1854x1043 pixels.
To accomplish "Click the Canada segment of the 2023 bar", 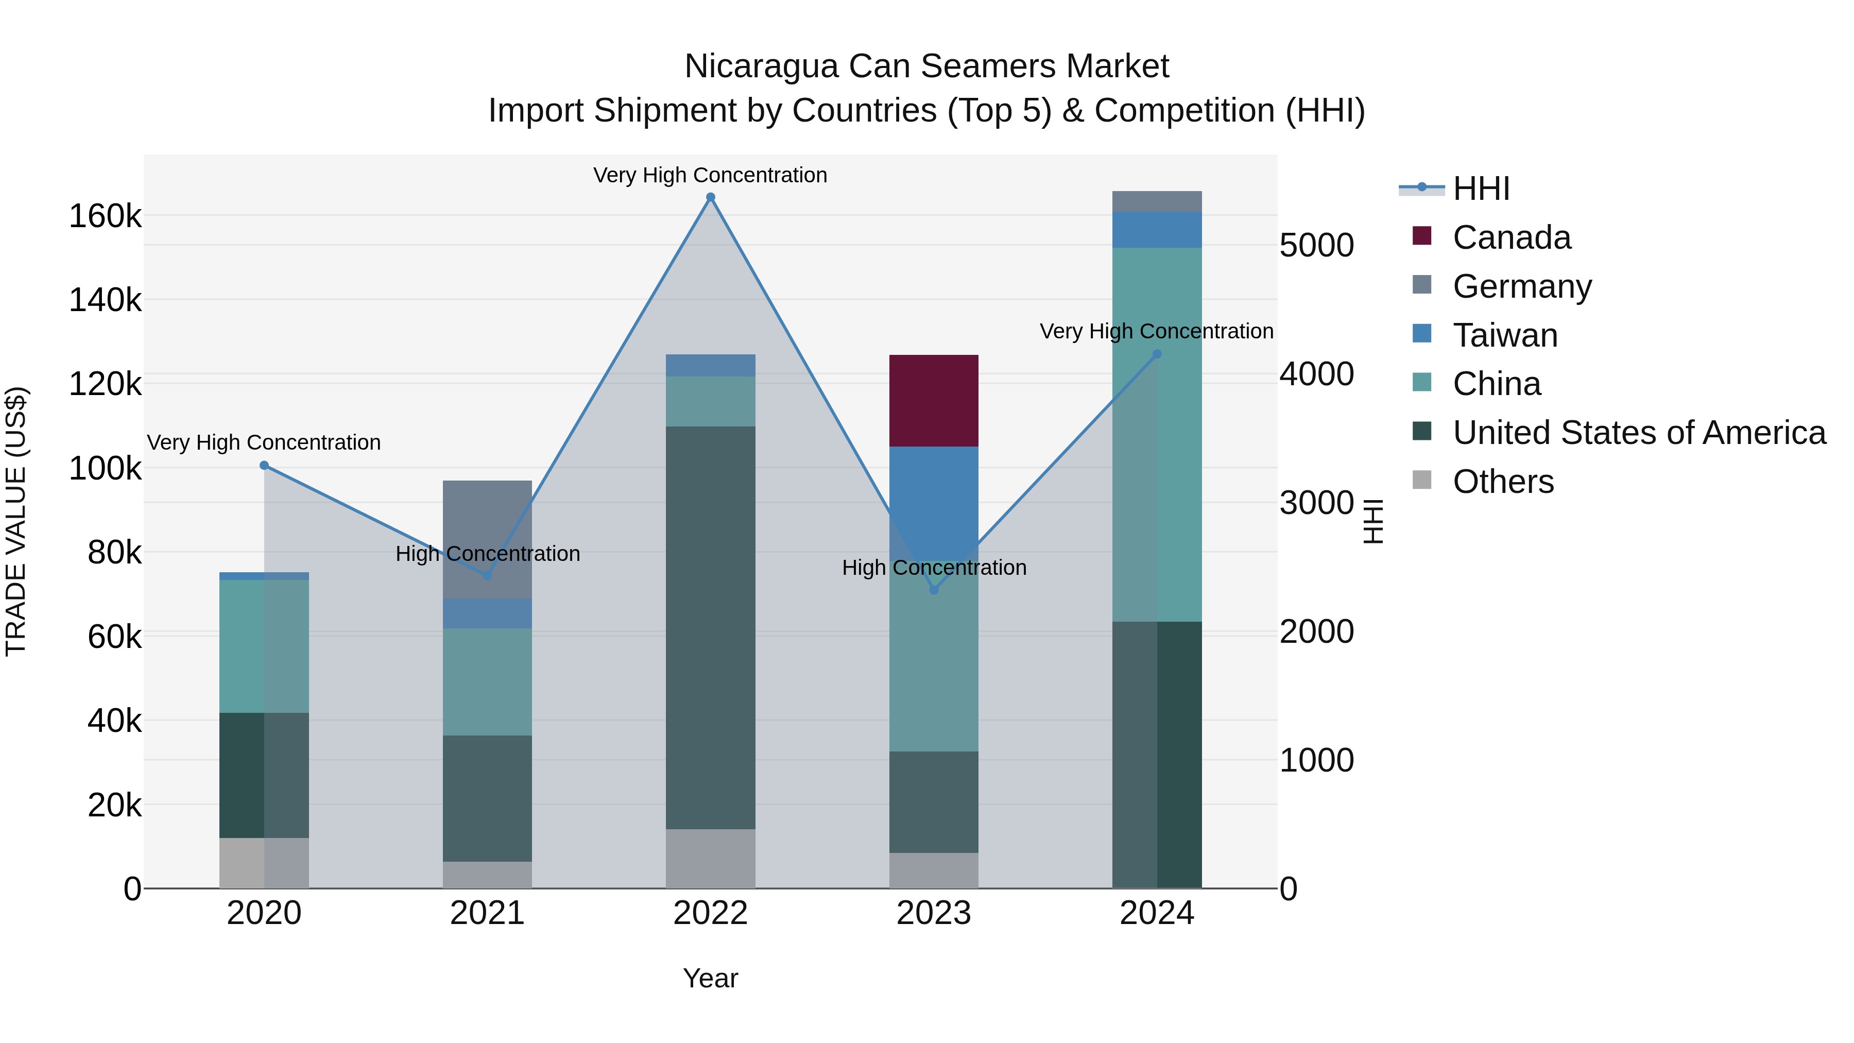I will [x=934, y=400].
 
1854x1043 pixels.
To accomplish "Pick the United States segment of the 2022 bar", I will [x=710, y=627].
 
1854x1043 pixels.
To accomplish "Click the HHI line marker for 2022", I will [x=710, y=197].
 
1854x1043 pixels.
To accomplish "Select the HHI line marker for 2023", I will [x=934, y=590].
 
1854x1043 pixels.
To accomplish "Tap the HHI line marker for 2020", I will [x=264, y=466].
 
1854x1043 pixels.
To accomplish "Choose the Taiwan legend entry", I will [x=1504, y=335].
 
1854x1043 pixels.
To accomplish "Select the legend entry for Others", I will [x=1502, y=482].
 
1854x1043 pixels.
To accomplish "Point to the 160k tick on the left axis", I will [x=105, y=216].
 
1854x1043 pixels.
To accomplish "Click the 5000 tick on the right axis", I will [x=1316, y=246].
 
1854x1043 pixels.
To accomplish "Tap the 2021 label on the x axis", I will [x=487, y=913].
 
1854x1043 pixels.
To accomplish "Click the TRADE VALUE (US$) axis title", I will [x=16, y=521].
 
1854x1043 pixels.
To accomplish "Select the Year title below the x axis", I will [x=710, y=978].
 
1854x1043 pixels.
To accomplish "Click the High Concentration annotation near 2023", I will [x=934, y=568].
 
